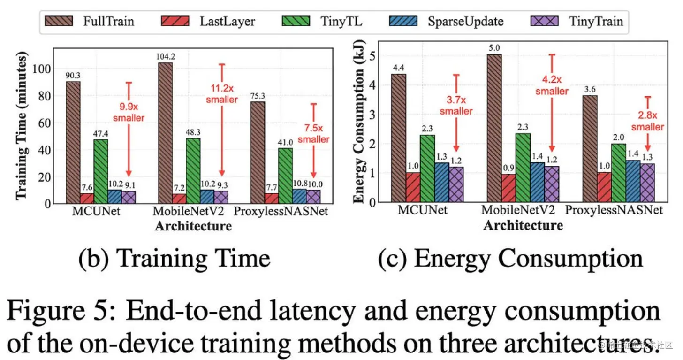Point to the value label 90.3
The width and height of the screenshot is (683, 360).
(73, 75)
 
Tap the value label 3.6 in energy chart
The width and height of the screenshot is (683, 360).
(589, 89)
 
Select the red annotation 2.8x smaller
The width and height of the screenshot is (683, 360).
(647, 121)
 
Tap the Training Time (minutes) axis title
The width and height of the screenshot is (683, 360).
(22, 126)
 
